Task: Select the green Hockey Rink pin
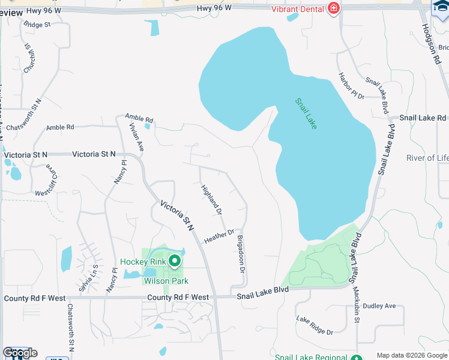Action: click(x=175, y=261)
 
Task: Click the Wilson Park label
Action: click(x=166, y=281)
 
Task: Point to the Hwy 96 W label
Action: click(x=213, y=8)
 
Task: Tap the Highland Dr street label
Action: click(x=211, y=200)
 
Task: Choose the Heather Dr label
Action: click(x=218, y=236)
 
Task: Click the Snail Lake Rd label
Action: click(x=423, y=118)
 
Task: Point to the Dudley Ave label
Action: click(x=379, y=306)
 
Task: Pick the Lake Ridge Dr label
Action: click(x=315, y=324)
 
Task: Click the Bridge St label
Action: click(x=38, y=25)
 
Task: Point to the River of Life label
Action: click(x=427, y=158)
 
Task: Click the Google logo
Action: click(x=20, y=353)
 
